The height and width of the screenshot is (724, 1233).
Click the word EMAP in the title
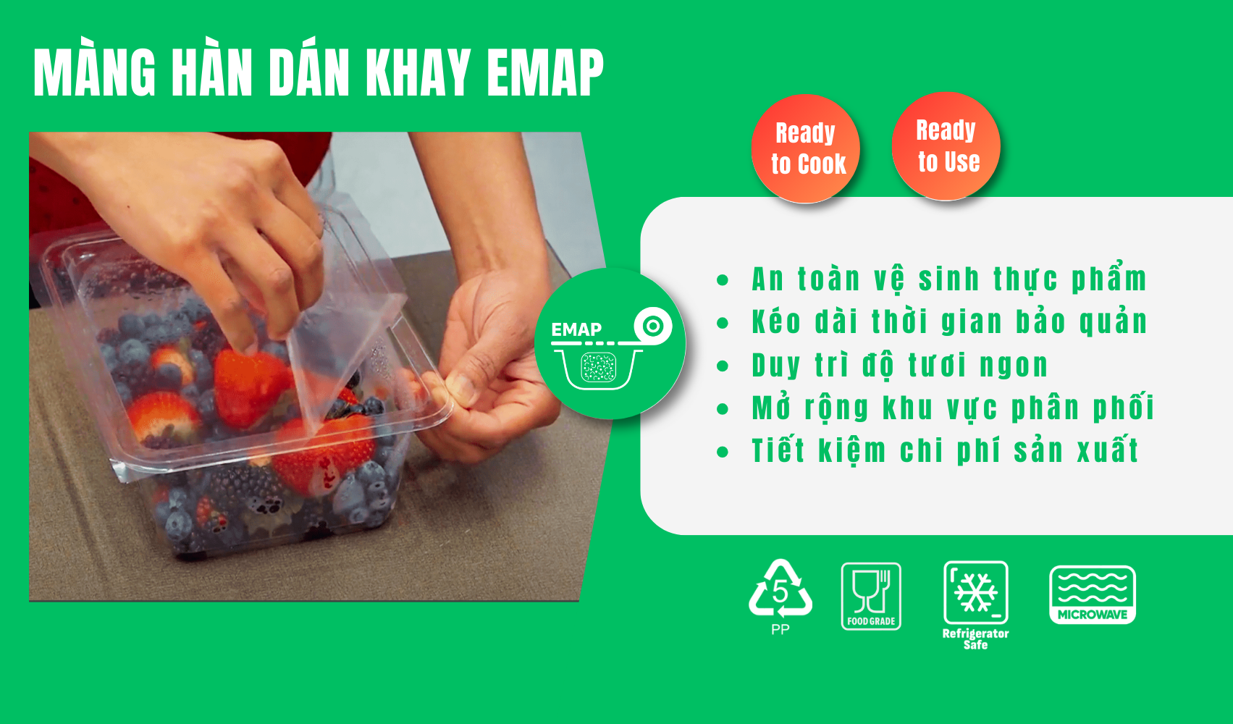[545, 73]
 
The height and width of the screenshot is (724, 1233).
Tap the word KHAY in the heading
[418, 73]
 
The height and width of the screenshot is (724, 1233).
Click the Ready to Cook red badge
[806, 148]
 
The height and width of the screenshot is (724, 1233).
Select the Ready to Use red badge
[946, 146]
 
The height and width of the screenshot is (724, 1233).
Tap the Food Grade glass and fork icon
[871, 597]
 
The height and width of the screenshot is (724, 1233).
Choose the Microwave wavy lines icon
[1093, 594]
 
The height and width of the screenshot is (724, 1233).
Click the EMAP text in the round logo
[576, 330]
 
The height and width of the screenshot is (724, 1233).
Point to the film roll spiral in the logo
[653, 326]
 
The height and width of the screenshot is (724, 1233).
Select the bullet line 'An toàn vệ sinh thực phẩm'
[949, 279]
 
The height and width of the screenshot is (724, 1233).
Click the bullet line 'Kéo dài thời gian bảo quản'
[949, 321]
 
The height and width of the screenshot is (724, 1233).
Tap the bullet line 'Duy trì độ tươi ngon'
[900, 365]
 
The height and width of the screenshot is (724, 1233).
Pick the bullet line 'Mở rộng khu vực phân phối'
[953, 408]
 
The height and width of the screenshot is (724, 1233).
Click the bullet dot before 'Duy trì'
[723, 366]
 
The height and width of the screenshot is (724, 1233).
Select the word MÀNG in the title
[94, 73]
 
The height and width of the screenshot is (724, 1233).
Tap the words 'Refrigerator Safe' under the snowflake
[975, 639]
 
